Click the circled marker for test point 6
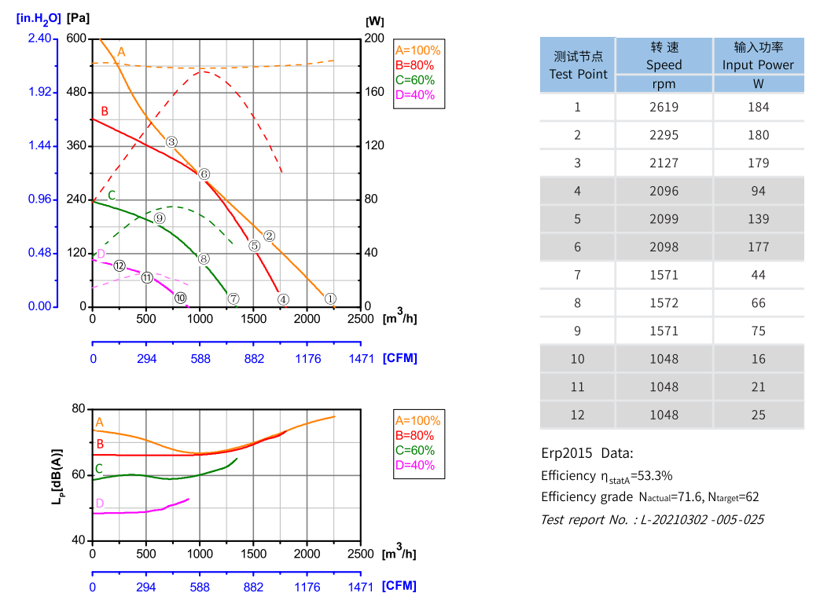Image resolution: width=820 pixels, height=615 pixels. pos(204,174)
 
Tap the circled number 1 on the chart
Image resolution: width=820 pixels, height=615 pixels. pos(330,298)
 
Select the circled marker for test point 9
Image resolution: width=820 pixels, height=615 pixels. pos(160,218)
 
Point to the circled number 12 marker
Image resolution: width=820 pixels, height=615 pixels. pos(120,265)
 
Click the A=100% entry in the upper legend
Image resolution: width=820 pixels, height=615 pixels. pos(418,50)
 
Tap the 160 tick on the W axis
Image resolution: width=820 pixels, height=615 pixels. pos(375,92)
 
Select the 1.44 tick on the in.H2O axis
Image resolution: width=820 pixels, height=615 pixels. pos(40,146)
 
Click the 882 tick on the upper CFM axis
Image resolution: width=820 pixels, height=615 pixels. pos(254,358)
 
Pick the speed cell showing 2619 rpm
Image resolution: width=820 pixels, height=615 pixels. pos(664,107)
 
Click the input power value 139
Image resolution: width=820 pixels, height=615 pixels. pos(758,218)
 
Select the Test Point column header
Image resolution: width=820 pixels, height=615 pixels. pos(578,65)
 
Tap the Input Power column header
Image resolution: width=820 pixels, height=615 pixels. pos(758,56)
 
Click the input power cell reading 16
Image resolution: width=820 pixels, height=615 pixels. pos(758,359)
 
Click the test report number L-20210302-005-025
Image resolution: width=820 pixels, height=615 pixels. pos(703,519)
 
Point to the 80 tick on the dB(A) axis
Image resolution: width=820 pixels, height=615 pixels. pos(77,408)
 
